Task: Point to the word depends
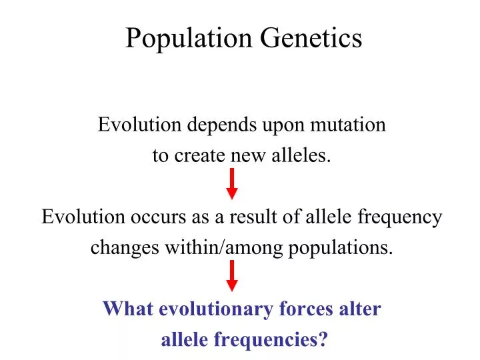pos(219,125)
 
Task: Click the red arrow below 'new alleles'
pos(232,183)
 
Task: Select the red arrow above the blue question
pos(232,275)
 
